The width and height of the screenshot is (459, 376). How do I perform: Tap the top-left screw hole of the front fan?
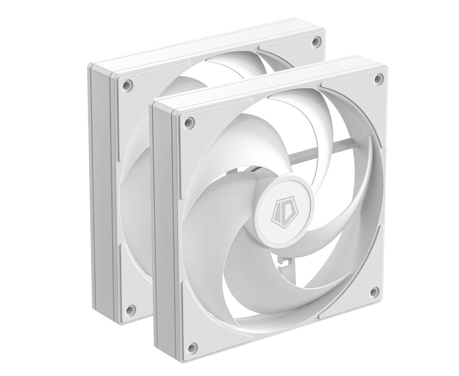[x=188, y=121]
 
